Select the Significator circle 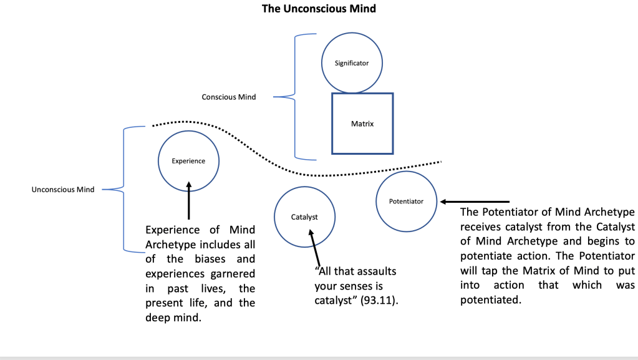352,63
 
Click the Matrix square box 362,124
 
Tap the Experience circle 188,161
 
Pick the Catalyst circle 304,217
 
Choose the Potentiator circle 406,201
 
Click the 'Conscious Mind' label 228,97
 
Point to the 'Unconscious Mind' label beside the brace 63,190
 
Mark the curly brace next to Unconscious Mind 118,189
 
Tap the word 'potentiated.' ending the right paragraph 490,299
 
